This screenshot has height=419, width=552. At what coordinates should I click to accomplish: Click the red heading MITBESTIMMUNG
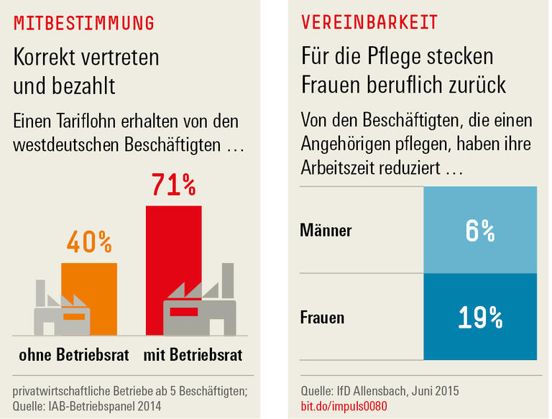tap(84, 23)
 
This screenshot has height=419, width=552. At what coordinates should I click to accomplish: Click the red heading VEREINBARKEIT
tap(369, 23)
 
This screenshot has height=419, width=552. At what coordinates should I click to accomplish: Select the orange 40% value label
tap(89, 242)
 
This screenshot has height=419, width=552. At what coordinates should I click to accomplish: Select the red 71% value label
tap(173, 185)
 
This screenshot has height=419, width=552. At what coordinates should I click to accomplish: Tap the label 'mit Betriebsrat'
tap(193, 355)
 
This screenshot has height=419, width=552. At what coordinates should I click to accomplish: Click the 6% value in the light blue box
tap(479, 231)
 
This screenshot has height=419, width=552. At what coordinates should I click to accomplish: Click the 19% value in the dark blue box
tap(479, 317)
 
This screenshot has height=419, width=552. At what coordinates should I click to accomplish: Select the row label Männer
tap(326, 231)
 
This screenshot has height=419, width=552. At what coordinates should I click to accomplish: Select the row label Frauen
tap(323, 317)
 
